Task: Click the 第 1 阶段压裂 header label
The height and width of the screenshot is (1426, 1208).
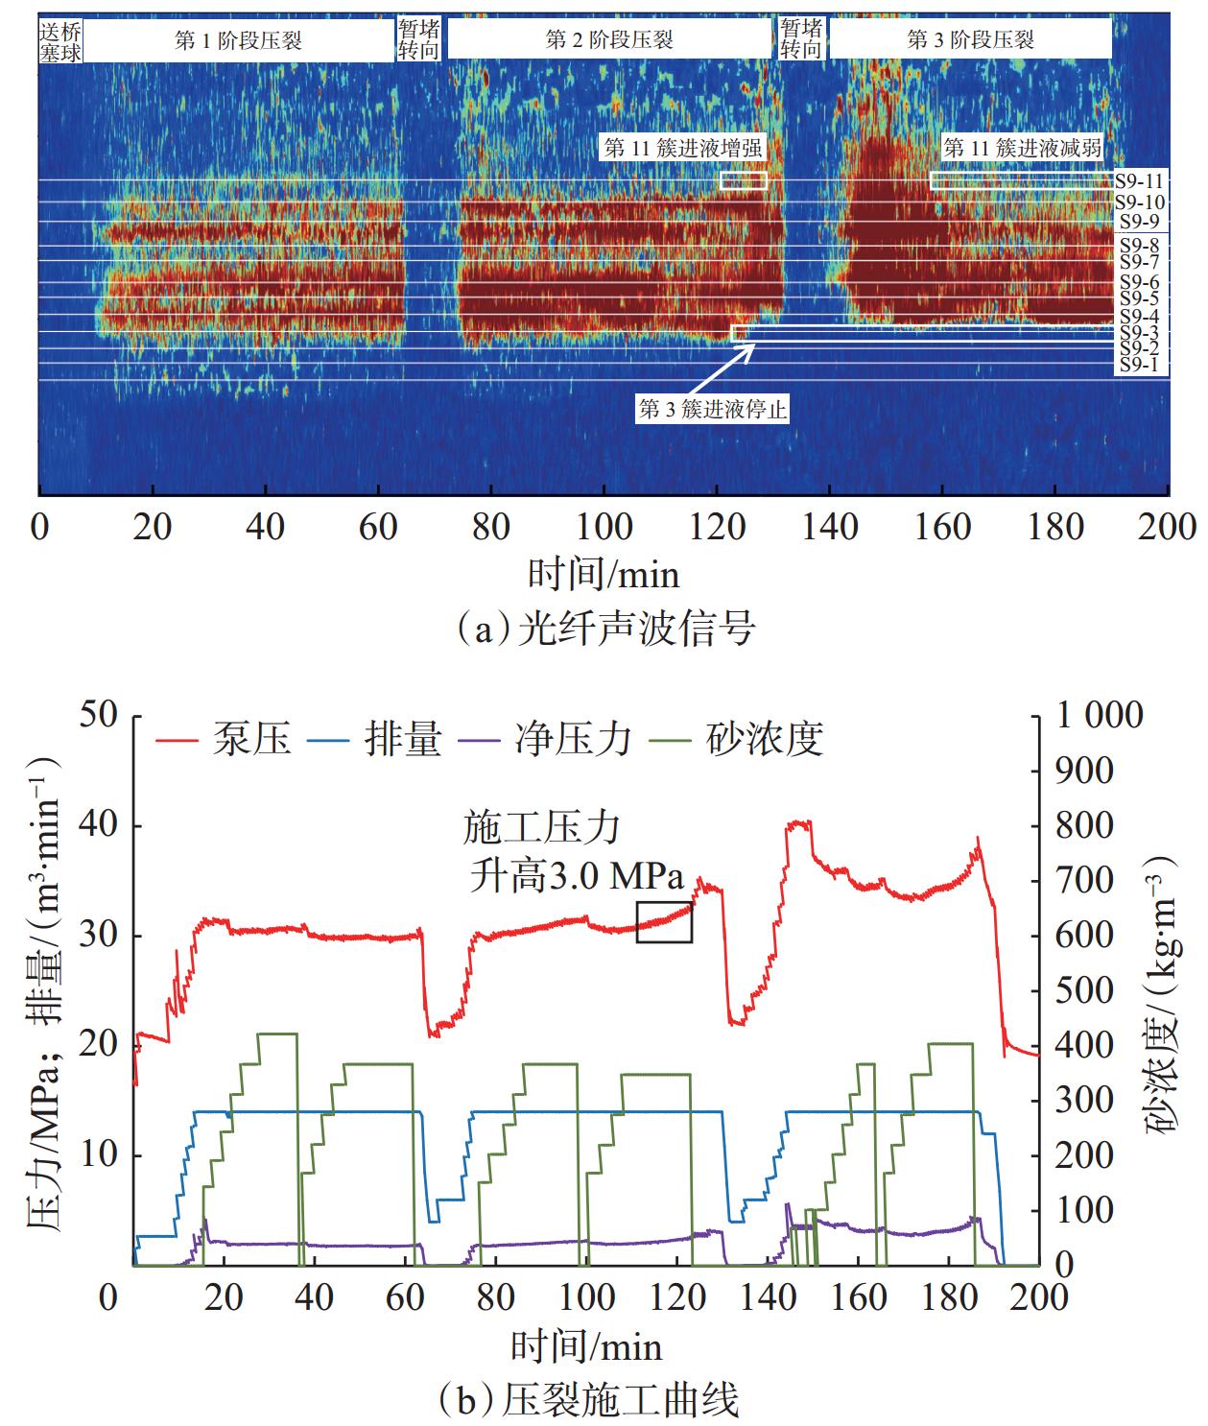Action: coord(239,40)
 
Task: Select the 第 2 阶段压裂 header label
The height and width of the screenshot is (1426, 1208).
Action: coord(609,40)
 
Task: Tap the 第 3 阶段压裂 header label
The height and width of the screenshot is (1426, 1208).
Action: coord(970,40)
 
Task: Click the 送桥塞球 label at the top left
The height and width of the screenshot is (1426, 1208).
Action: coord(59,40)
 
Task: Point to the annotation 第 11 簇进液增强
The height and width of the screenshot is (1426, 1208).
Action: coord(682,148)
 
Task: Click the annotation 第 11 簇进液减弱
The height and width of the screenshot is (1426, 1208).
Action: coord(1023,148)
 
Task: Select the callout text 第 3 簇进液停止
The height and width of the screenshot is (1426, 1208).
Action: coord(713,410)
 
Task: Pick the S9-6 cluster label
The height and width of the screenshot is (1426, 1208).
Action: coord(1139,282)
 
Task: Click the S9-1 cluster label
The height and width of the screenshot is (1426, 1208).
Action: coord(1139,366)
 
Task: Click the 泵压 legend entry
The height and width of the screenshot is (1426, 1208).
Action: coord(225,740)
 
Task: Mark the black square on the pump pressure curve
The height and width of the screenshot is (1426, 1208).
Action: coord(664,921)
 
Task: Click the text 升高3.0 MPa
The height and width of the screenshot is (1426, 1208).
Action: coord(576,877)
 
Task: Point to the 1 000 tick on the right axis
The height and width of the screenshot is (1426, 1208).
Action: coord(1100,715)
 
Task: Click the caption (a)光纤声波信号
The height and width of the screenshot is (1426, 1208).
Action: coord(605,630)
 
